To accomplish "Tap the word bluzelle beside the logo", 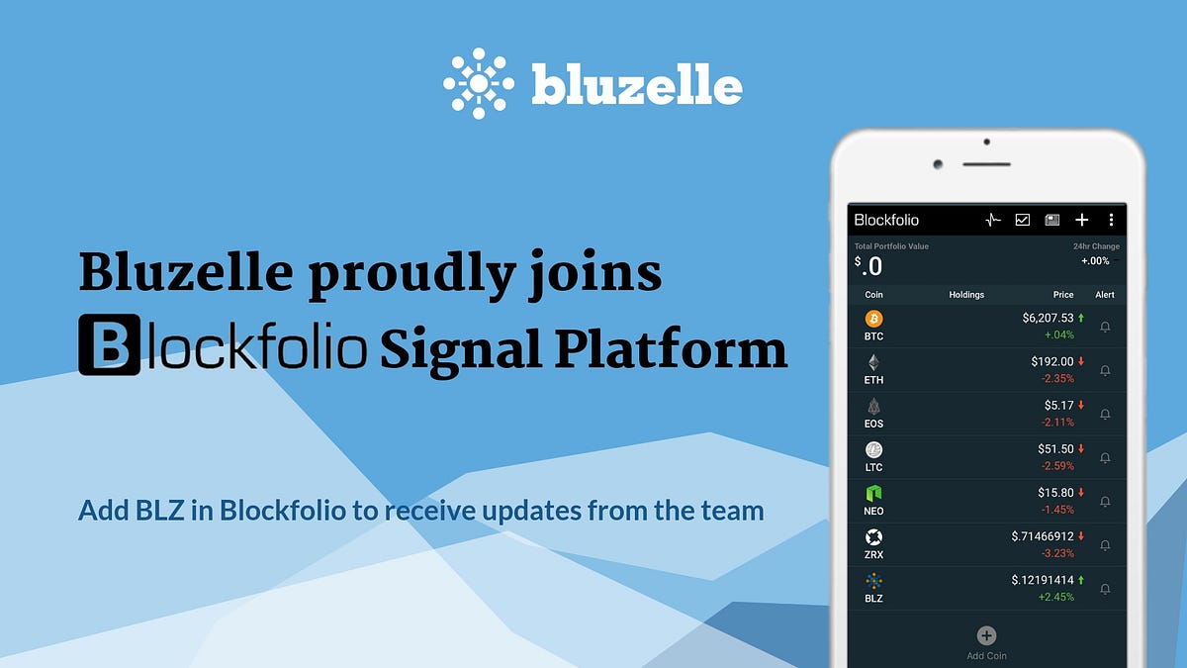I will click(x=636, y=85).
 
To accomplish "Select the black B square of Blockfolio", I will click(x=110, y=347).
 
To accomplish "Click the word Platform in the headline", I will click(x=679, y=349).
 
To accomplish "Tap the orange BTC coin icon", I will click(x=873, y=319).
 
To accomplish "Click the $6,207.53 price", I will click(x=1048, y=319).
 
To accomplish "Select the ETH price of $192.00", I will click(x=1051, y=362).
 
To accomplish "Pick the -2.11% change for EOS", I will click(x=1057, y=423).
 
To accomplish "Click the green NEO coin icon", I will click(x=873, y=493).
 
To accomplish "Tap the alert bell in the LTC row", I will click(x=1105, y=458).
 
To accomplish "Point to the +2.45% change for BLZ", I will click(x=1056, y=597).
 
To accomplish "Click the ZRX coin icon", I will click(x=873, y=536).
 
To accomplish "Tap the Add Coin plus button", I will click(x=986, y=636).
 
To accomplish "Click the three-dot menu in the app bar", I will click(x=1111, y=220).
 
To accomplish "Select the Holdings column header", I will click(x=966, y=294).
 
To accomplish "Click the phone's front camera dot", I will click(x=938, y=163).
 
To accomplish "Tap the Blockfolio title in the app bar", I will click(x=886, y=220).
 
